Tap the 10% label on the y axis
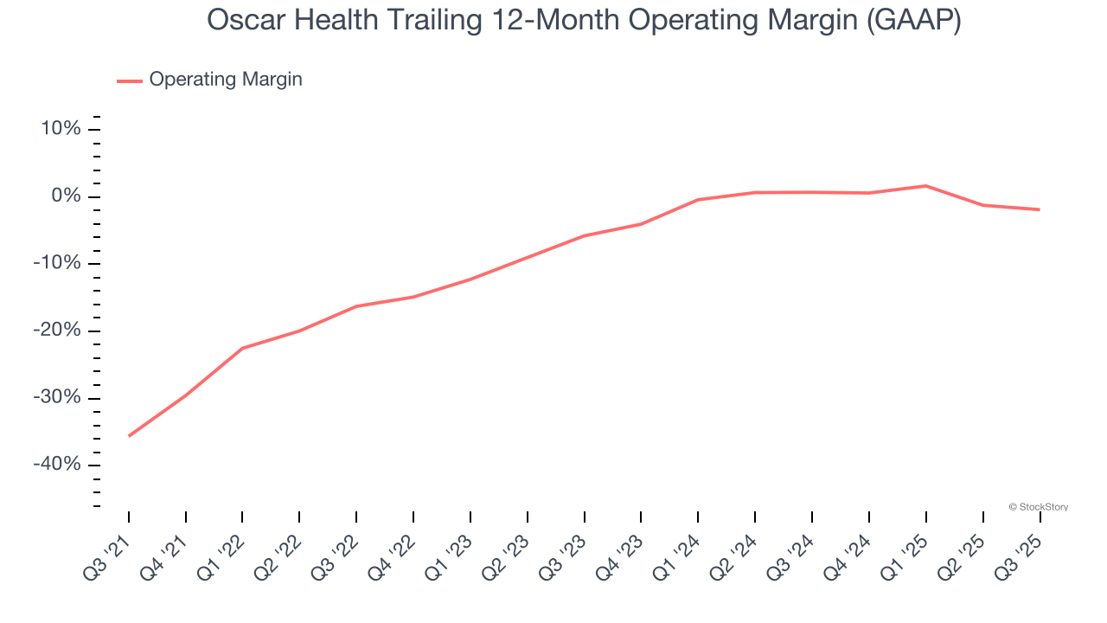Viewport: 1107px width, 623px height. [x=60, y=130]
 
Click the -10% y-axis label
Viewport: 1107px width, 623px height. [x=56, y=264]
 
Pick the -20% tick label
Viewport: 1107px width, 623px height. [x=56, y=331]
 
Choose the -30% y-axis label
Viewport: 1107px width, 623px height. [x=56, y=398]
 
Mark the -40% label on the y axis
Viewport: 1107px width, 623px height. [x=56, y=465]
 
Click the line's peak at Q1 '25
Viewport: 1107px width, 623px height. [x=925, y=186]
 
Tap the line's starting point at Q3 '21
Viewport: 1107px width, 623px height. [x=129, y=435]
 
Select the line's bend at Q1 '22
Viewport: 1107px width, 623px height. [x=243, y=348]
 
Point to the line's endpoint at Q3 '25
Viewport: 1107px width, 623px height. [x=1039, y=209]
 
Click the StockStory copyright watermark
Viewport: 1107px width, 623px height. [x=1039, y=507]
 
